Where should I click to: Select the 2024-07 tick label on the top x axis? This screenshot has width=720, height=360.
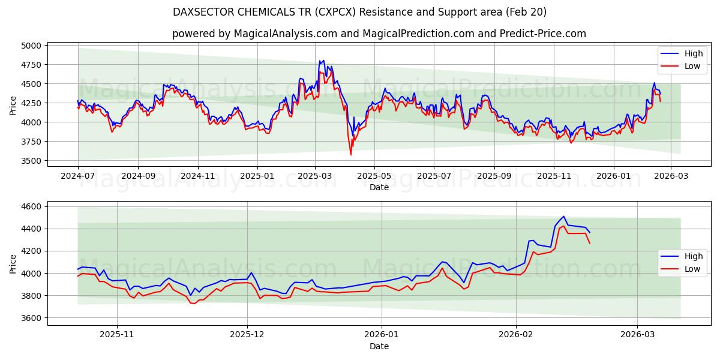click(x=78, y=176)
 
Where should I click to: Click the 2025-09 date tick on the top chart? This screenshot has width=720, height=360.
click(x=494, y=176)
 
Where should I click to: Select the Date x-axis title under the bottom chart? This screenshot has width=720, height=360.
click(x=379, y=346)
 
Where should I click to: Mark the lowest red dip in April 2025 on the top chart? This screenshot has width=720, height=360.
click(x=351, y=155)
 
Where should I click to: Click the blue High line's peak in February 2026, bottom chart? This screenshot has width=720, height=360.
click(x=563, y=217)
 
